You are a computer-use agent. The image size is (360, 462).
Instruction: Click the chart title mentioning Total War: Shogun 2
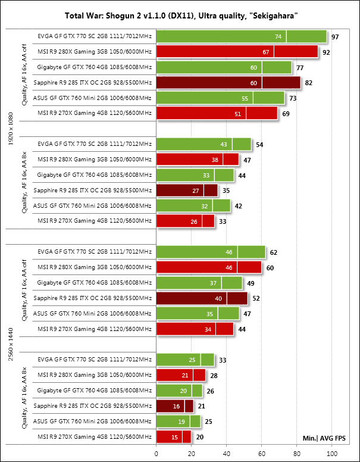tap(180, 16)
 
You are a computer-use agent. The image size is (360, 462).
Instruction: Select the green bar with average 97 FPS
tap(241, 36)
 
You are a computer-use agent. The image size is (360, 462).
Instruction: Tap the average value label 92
tap(326, 52)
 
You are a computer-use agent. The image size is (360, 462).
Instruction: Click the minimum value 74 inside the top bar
tap(278, 36)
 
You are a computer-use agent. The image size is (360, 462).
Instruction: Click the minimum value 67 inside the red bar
tap(266, 52)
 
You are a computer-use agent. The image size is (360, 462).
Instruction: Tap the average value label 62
tap(274, 252)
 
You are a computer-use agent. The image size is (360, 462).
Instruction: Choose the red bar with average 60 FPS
tap(208, 267)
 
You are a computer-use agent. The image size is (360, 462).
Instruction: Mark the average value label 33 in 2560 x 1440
tap(223, 360)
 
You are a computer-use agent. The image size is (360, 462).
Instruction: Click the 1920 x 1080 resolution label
tap(10, 126)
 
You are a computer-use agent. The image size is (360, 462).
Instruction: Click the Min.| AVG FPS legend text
tap(324, 438)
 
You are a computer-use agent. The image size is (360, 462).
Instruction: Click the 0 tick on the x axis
tap(156, 453)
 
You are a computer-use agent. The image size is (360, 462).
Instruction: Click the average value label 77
tap(300, 67)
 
